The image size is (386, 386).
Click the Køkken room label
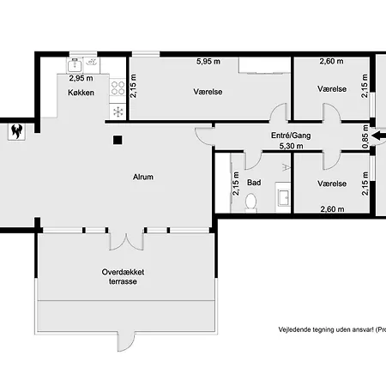point(81,93)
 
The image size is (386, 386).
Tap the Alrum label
point(143,177)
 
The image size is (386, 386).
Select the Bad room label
point(254,183)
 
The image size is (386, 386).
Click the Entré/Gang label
point(291,136)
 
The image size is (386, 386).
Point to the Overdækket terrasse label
point(123,276)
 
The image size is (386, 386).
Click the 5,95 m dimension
point(208,62)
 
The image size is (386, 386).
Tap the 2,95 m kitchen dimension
point(81,78)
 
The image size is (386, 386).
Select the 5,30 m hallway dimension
point(291,146)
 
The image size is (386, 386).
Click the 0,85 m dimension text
point(365,136)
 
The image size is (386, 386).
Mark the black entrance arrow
point(378,136)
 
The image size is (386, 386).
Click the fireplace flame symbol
point(16,131)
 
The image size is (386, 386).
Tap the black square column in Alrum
point(118,140)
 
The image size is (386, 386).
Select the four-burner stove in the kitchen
point(118,87)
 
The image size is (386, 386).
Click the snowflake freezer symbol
point(118,112)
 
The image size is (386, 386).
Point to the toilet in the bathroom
point(250,202)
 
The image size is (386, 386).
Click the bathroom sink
point(283,197)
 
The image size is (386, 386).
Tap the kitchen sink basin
point(75,64)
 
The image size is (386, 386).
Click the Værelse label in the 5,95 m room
point(208,92)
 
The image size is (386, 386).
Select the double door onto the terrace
point(126,239)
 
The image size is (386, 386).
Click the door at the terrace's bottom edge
point(126,341)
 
